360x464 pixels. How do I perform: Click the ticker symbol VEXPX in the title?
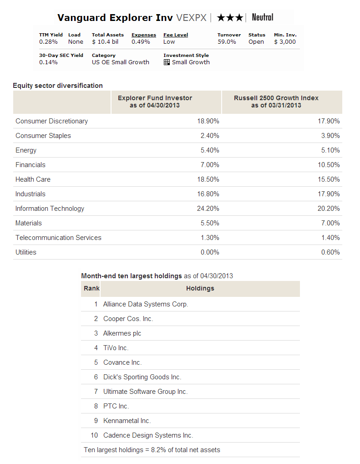click(x=191, y=18)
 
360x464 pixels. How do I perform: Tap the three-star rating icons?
click(x=230, y=18)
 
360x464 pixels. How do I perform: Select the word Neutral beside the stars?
click(x=263, y=18)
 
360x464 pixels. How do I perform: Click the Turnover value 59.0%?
click(x=227, y=42)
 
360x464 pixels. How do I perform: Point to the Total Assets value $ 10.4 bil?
click(x=105, y=42)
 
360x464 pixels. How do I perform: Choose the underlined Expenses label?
click(x=144, y=35)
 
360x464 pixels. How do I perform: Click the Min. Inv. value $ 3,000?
click(x=285, y=42)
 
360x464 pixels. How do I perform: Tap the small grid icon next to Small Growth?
click(x=167, y=62)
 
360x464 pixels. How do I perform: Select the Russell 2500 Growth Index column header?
click(x=276, y=102)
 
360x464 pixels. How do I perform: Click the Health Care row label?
click(x=33, y=179)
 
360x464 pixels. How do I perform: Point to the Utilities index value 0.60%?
click(x=330, y=252)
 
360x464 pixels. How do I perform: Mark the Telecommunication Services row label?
click(x=58, y=238)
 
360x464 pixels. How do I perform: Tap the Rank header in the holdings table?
click(x=91, y=288)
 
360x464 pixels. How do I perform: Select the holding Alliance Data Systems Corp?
click(x=146, y=304)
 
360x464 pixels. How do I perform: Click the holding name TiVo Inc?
click(x=116, y=348)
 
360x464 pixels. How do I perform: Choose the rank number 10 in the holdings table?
click(x=94, y=435)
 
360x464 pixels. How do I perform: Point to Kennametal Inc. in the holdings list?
click(x=127, y=421)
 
